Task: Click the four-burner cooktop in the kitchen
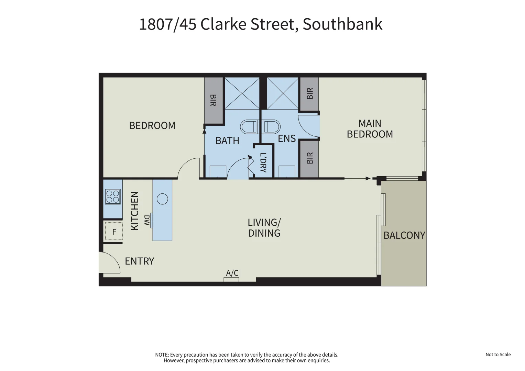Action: [x=113, y=197]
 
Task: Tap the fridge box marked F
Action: [x=114, y=232]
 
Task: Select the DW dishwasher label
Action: [x=147, y=221]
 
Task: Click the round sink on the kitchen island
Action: [x=162, y=199]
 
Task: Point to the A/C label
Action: [x=232, y=273]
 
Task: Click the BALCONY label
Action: [x=404, y=235]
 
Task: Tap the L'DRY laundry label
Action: [x=263, y=162]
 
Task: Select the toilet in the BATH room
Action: [x=249, y=127]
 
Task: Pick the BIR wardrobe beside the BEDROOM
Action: [x=213, y=100]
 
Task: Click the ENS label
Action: [x=287, y=138]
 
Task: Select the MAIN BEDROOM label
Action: [x=370, y=128]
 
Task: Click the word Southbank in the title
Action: [x=342, y=24]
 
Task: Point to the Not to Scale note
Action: [x=498, y=355]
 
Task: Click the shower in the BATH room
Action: [x=242, y=93]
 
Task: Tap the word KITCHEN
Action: [x=135, y=211]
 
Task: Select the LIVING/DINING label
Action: [x=264, y=228]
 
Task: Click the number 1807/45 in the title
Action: [x=167, y=24]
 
